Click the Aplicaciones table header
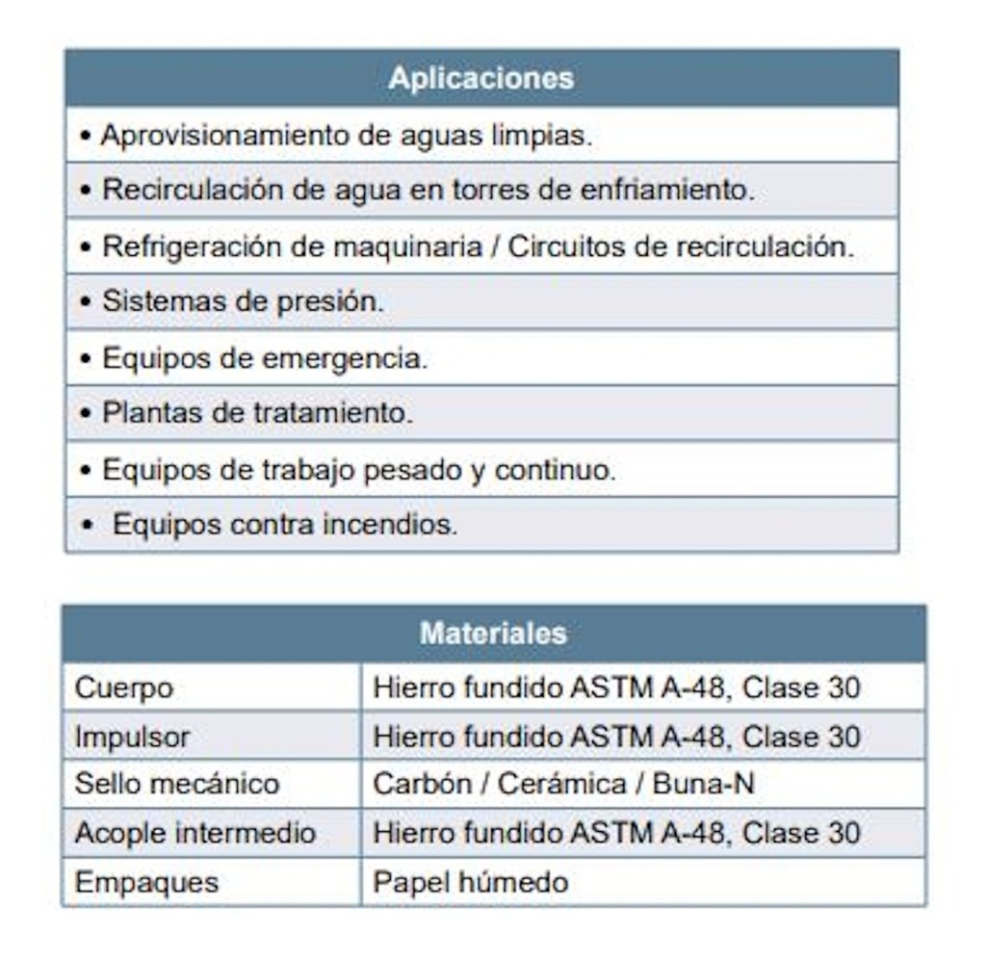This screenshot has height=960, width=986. (x=481, y=78)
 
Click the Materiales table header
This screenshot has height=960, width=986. (x=493, y=634)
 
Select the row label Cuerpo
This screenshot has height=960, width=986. (x=124, y=688)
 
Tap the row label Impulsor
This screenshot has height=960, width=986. (x=133, y=737)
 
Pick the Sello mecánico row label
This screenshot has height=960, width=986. (x=177, y=784)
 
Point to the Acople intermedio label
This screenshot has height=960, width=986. (x=195, y=832)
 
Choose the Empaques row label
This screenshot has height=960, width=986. (x=147, y=881)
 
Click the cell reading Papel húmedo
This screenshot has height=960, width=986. (x=471, y=881)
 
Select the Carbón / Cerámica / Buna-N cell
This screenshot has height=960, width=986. (x=563, y=784)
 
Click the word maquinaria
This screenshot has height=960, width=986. (x=406, y=246)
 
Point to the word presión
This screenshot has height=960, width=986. (x=329, y=301)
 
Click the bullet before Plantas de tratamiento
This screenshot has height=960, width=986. (x=86, y=414)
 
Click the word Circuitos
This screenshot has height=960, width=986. (x=565, y=246)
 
